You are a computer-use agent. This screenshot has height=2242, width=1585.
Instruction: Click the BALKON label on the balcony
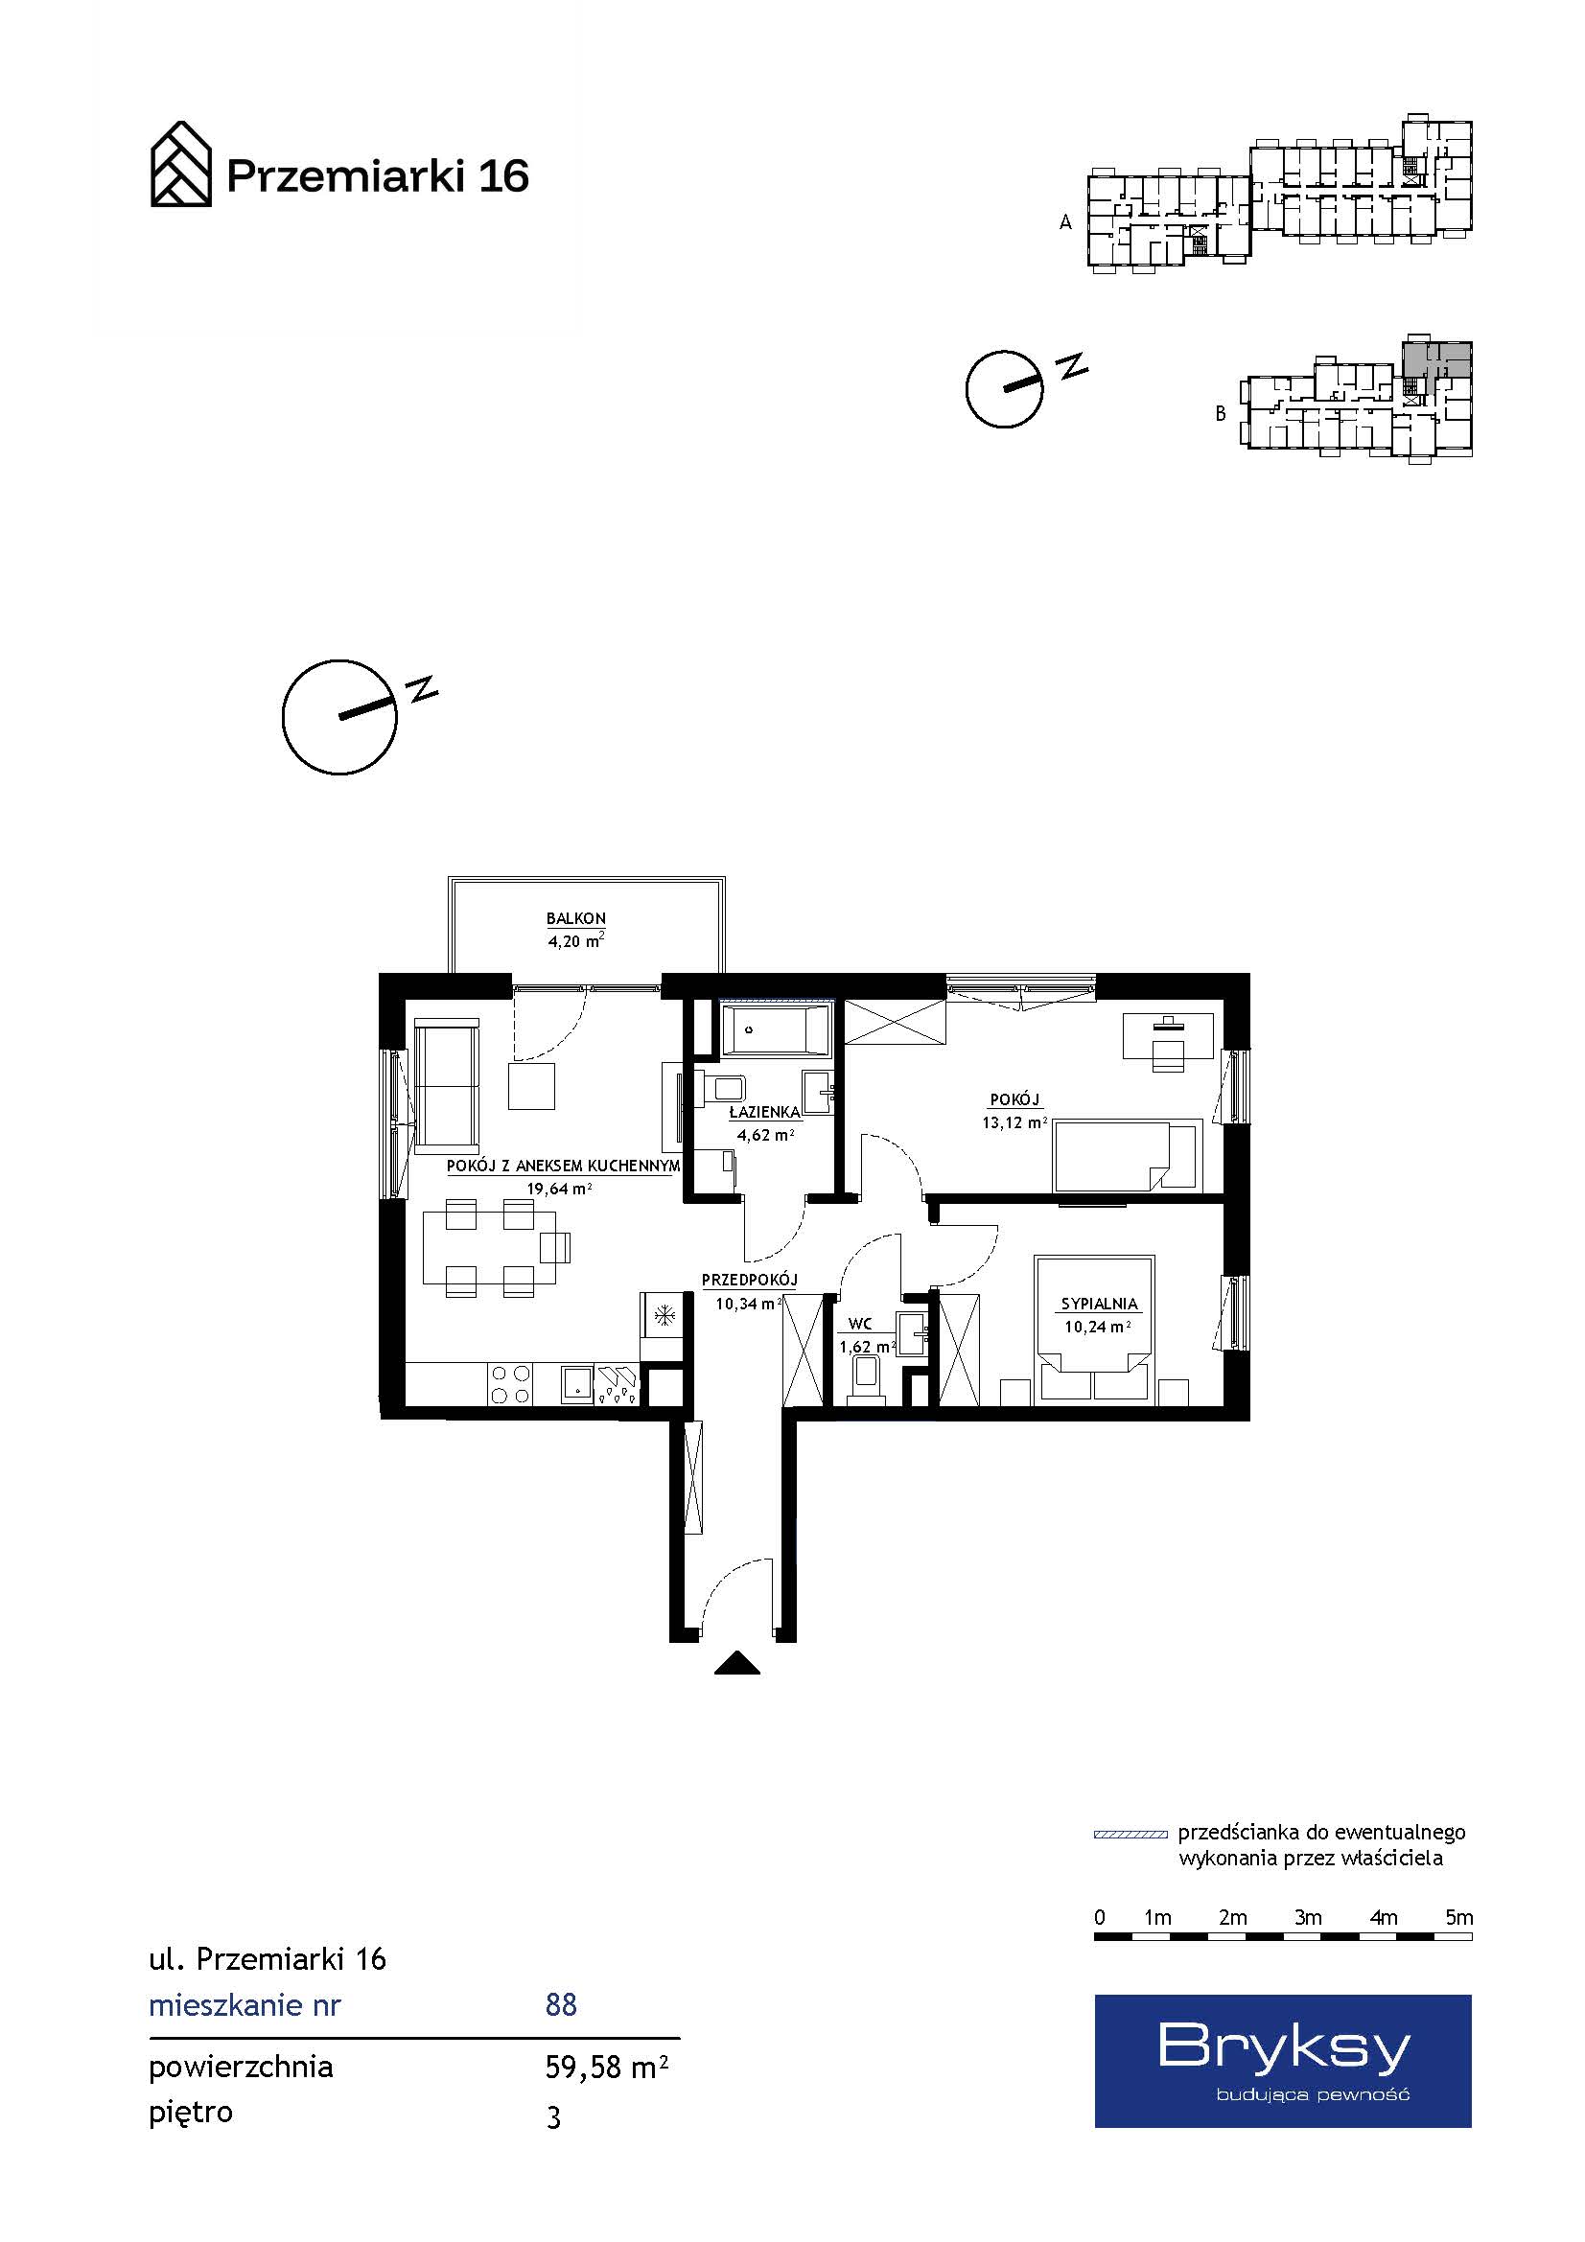(575, 918)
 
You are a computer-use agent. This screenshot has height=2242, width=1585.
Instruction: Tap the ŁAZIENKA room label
(764, 1111)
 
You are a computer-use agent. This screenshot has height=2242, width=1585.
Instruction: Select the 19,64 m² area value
(559, 1189)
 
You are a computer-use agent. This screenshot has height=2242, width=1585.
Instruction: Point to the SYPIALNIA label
(1100, 1304)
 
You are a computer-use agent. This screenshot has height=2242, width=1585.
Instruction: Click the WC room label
(859, 1324)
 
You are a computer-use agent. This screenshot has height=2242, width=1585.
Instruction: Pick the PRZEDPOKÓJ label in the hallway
(749, 1280)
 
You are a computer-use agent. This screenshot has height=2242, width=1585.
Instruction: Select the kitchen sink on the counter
(577, 1384)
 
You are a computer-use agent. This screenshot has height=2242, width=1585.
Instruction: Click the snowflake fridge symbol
(664, 1316)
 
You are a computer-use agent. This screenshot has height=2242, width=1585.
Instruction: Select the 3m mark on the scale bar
(1308, 1917)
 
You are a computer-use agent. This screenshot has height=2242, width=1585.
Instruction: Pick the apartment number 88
(561, 2004)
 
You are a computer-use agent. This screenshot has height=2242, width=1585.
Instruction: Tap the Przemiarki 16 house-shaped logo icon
(180, 164)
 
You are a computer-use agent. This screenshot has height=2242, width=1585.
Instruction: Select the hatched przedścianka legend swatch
(1130, 1834)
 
